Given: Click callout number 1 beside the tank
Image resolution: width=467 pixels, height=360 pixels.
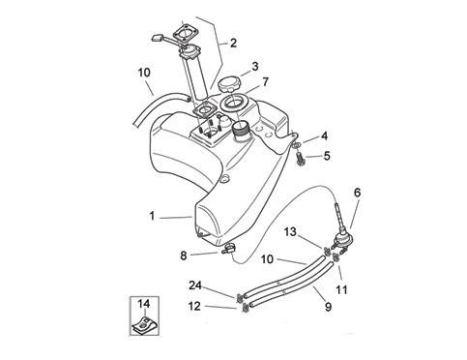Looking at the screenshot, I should click(151, 216).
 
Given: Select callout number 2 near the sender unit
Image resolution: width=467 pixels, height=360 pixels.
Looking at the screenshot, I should click(232, 43).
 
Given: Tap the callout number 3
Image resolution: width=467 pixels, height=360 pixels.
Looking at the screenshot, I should click(253, 67).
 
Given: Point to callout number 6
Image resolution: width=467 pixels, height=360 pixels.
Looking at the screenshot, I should click(359, 193).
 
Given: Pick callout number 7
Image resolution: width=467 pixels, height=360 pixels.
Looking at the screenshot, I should click(265, 83).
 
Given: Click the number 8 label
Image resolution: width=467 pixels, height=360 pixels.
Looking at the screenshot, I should click(183, 255).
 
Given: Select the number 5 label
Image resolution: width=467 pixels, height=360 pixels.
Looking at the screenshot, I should click(326, 156).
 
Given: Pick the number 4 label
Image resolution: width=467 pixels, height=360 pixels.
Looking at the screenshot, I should click(325, 135).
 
